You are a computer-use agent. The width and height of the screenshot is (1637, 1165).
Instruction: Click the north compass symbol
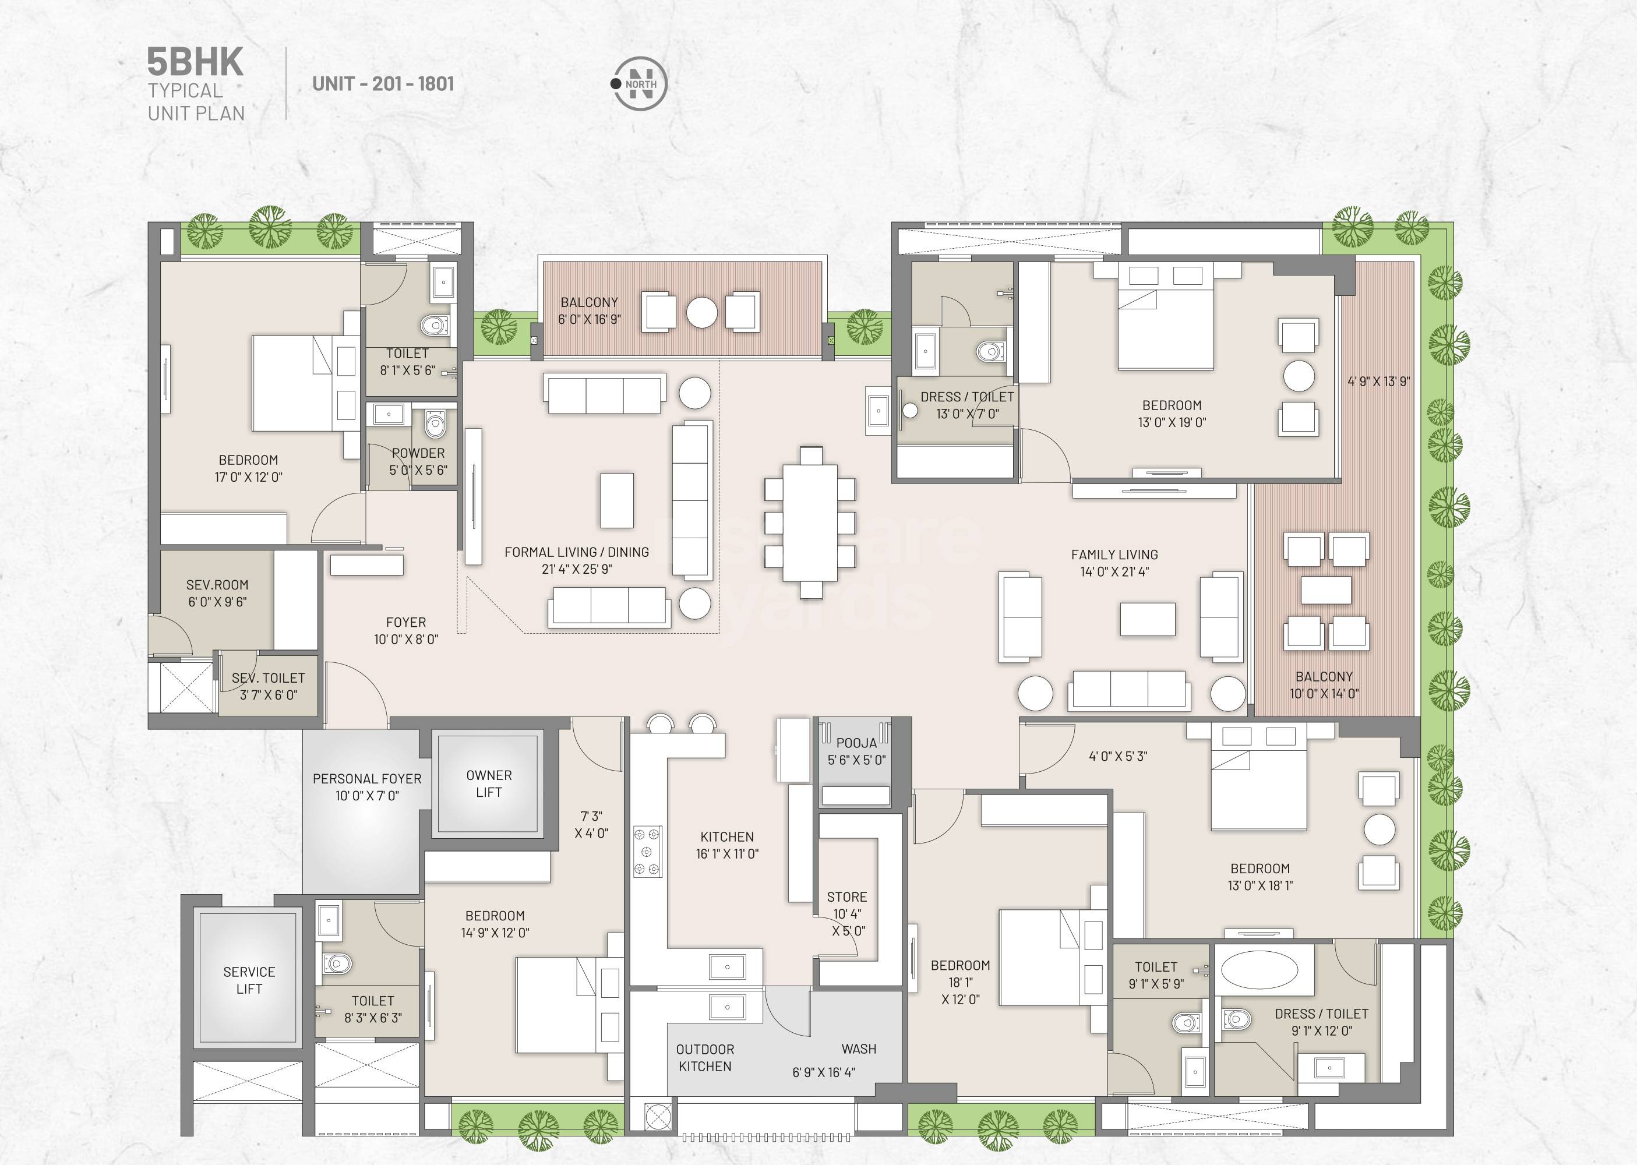(639, 84)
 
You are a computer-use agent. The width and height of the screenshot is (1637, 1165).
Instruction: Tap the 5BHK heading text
(195, 62)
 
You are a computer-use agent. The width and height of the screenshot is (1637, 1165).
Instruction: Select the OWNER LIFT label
(489, 783)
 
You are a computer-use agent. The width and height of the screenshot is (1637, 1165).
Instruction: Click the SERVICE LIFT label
(249, 980)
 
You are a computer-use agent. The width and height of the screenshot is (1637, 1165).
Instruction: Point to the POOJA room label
(856, 743)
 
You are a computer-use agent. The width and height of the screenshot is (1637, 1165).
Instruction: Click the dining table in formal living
(810, 523)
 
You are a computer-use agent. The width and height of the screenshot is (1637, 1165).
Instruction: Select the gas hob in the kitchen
(646, 852)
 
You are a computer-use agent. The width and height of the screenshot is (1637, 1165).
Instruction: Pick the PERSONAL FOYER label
(366, 778)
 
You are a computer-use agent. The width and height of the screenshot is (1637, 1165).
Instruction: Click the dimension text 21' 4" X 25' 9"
(577, 569)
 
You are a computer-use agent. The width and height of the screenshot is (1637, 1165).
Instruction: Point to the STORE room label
(846, 896)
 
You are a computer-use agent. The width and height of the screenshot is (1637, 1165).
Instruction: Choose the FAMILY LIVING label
(1114, 555)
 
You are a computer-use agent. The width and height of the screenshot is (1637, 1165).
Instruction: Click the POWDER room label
(418, 453)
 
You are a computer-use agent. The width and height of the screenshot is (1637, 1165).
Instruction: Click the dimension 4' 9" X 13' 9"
(1378, 382)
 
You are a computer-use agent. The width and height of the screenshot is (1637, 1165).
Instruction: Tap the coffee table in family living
(1147, 619)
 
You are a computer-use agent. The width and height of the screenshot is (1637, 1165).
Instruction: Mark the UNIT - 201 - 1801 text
(383, 84)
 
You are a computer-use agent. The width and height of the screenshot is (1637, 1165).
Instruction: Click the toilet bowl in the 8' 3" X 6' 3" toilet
(337, 963)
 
